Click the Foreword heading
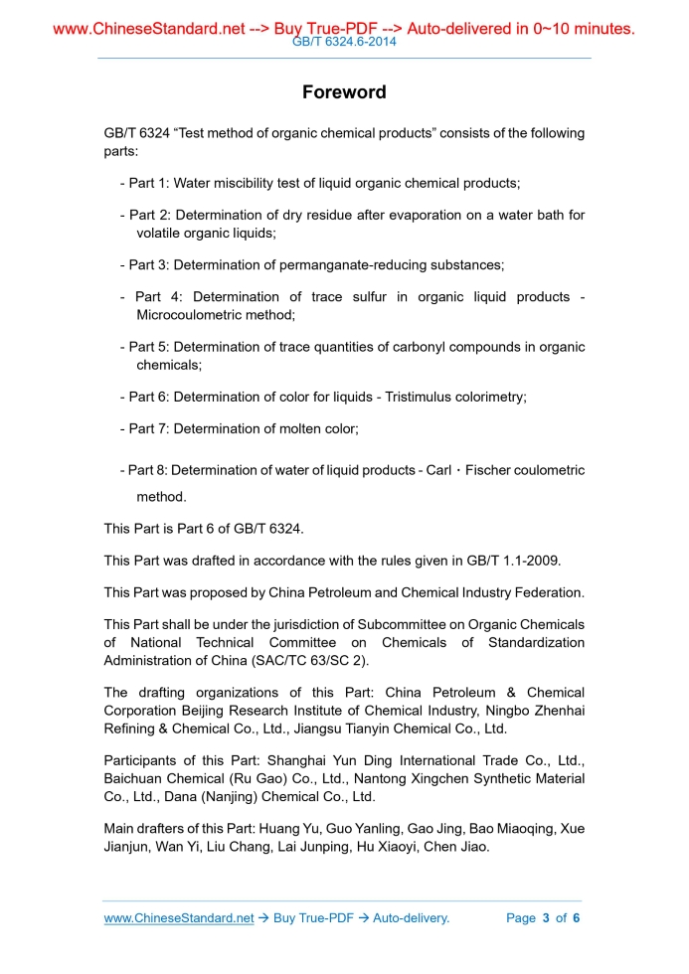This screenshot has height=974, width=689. (344, 92)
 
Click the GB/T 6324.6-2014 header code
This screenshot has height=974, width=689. (344, 43)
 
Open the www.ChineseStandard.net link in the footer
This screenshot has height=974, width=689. (179, 918)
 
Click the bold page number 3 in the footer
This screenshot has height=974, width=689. (546, 918)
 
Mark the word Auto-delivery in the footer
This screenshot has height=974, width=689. (411, 918)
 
